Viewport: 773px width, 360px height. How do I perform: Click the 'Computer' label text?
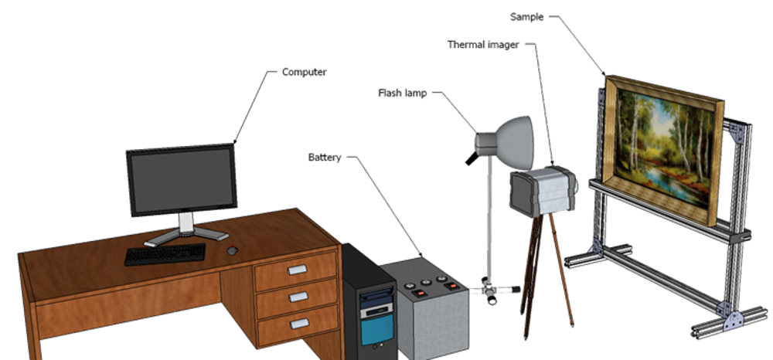pos(304,72)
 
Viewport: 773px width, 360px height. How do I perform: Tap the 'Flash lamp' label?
pos(402,93)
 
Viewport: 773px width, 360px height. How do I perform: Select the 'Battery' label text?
pos(325,157)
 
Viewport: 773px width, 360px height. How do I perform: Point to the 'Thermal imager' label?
pos(483,44)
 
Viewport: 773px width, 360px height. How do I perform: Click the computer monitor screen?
pos(182,178)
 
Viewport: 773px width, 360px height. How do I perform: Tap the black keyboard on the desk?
pos(165,253)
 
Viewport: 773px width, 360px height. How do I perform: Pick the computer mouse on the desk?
pos(232,250)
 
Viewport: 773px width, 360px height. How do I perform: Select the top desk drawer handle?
pos(298,270)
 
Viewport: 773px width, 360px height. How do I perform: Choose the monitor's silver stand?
pos(186,227)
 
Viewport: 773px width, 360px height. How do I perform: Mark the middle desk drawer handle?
pos(298,297)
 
